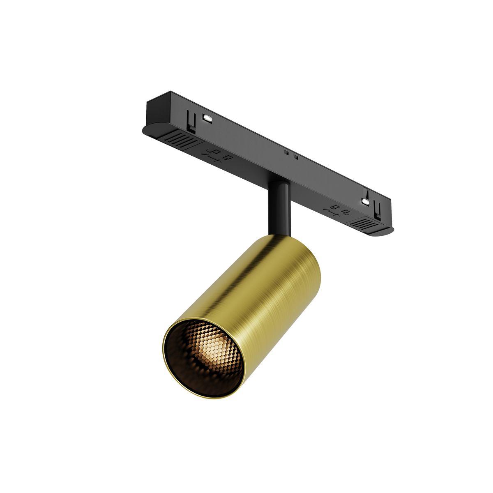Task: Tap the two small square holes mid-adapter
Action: coord(291,154)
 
